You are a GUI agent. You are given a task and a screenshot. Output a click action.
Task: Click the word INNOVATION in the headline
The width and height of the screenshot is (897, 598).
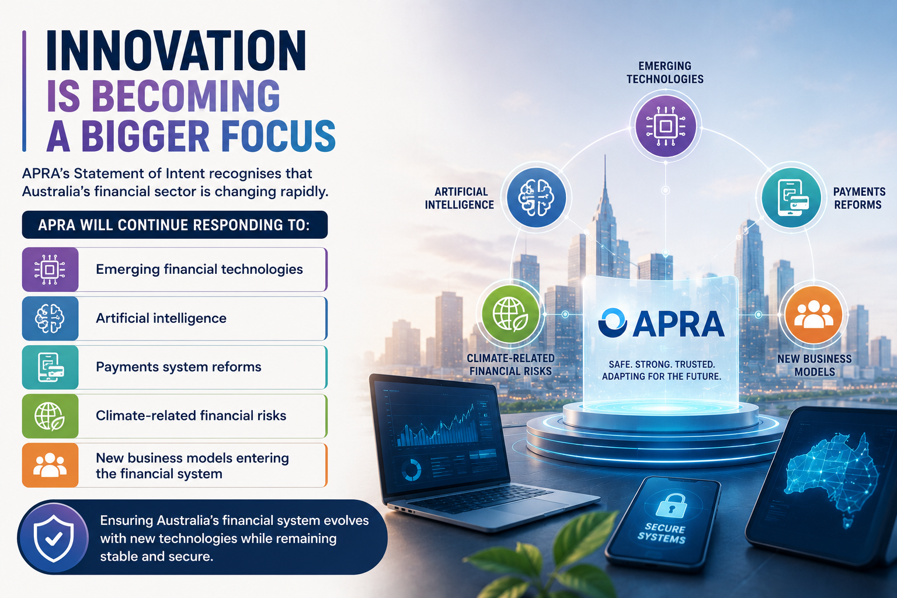pyautogui.click(x=176, y=51)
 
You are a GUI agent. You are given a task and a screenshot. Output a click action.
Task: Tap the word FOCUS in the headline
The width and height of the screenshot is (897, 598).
pyautogui.click(x=279, y=136)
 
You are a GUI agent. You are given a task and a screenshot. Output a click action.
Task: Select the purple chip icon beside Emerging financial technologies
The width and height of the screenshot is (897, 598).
pyautogui.click(x=50, y=270)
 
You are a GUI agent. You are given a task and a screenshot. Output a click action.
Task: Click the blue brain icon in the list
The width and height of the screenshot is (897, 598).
pyautogui.click(x=50, y=318)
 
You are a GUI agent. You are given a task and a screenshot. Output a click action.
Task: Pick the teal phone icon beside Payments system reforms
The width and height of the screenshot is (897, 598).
pyautogui.click(x=50, y=367)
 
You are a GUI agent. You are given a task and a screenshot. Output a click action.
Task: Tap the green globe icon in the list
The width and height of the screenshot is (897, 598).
pyautogui.click(x=50, y=416)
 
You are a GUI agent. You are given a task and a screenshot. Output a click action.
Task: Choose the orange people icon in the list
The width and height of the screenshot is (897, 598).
pyautogui.click(x=50, y=465)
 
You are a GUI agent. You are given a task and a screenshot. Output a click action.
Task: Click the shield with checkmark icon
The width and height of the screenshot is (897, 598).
pyautogui.click(x=54, y=538)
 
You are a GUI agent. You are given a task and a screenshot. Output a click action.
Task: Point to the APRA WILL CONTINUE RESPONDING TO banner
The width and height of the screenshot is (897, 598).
pyautogui.click(x=175, y=225)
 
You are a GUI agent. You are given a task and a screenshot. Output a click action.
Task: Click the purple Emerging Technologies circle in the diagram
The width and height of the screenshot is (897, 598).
pyautogui.click(x=665, y=126)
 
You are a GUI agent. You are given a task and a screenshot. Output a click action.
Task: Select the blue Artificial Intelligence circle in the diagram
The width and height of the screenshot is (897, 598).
pyautogui.click(x=536, y=198)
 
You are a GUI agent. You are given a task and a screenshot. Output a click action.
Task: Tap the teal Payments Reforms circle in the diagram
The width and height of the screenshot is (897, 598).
pyautogui.click(x=792, y=198)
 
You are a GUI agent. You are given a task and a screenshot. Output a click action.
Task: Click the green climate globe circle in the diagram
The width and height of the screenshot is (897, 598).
pyautogui.click(x=510, y=314)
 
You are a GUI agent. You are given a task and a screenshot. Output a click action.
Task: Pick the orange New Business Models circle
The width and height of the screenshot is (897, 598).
pyautogui.click(x=813, y=314)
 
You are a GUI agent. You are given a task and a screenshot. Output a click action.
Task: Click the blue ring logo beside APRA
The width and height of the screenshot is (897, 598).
pyautogui.click(x=612, y=322)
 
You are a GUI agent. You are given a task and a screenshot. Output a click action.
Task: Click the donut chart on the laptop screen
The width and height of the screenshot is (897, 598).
pyautogui.click(x=411, y=470)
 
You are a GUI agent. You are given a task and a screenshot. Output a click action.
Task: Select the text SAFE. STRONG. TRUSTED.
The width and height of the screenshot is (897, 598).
pyautogui.click(x=662, y=364)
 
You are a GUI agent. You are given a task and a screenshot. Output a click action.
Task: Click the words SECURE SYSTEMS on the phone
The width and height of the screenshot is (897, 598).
pyautogui.click(x=662, y=533)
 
